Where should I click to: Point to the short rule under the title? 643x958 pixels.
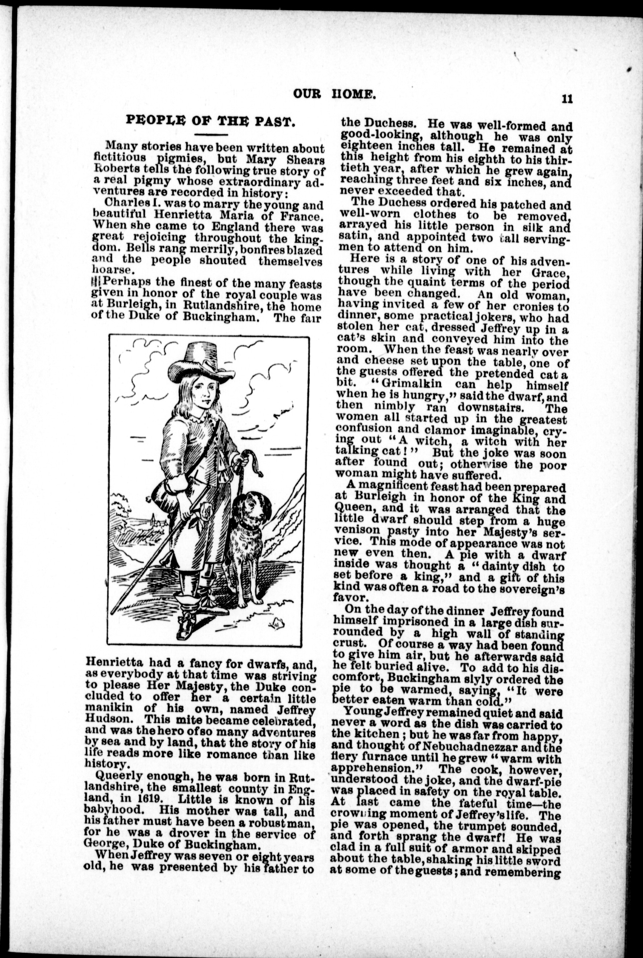211,135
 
